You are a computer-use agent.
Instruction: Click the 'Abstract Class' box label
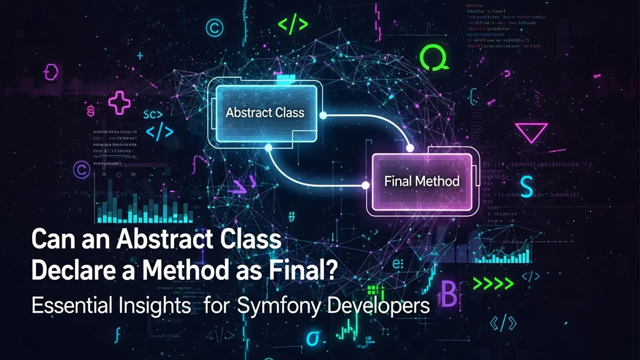265,113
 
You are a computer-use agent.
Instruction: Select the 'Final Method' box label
422,181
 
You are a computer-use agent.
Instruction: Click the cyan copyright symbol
214,28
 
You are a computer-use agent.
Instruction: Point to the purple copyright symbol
82,170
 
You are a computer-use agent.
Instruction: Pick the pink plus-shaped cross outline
119,103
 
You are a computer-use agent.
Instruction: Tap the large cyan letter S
526,187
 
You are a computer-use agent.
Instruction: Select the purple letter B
449,294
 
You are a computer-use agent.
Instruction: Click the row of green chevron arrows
493,284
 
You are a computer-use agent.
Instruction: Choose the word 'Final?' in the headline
303,270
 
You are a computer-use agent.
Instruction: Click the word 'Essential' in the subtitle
72,305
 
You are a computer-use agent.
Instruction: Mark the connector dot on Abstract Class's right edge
323,115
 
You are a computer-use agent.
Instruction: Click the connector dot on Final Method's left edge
366,185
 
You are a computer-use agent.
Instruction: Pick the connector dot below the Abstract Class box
268,148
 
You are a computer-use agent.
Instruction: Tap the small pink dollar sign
91,111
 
